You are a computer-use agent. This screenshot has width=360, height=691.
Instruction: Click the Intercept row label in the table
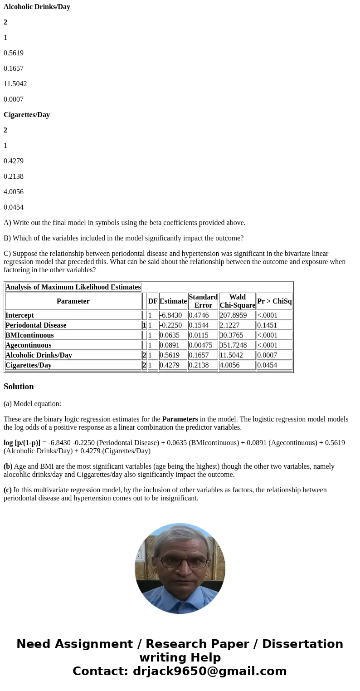19,315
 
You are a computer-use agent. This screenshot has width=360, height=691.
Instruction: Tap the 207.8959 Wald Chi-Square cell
233,315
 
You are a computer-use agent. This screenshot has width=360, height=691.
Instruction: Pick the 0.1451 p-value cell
268,325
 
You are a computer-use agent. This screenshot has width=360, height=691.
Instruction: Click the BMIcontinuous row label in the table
29,335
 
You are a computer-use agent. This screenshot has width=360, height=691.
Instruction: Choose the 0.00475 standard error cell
201,345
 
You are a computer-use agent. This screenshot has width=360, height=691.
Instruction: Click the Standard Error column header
203,301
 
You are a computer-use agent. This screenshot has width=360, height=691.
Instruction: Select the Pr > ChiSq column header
274,301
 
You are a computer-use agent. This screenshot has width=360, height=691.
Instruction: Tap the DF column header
153,301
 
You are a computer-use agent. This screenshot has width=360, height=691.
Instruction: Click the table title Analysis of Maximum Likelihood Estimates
73,287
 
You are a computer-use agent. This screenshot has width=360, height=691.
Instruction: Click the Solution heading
19,387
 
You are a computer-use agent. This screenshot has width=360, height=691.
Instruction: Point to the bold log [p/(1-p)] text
22,443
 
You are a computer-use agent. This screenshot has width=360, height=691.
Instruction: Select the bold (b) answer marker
8,466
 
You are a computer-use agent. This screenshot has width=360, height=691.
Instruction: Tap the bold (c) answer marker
8,490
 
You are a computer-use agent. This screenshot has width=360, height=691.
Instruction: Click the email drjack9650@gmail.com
210,671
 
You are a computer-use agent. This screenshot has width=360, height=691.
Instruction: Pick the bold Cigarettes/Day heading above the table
27,115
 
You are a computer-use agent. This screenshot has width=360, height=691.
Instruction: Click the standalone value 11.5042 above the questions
15,84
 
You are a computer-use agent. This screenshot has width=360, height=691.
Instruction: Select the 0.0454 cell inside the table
268,365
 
